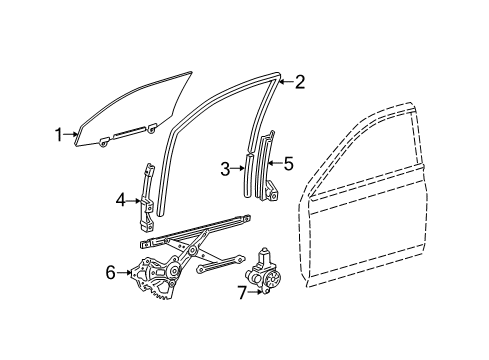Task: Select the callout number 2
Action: click(x=299, y=86)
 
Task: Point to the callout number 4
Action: click(x=121, y=199)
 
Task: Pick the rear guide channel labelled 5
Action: click(x=269, y=165)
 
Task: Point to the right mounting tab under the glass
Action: click(x=151, y=127)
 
